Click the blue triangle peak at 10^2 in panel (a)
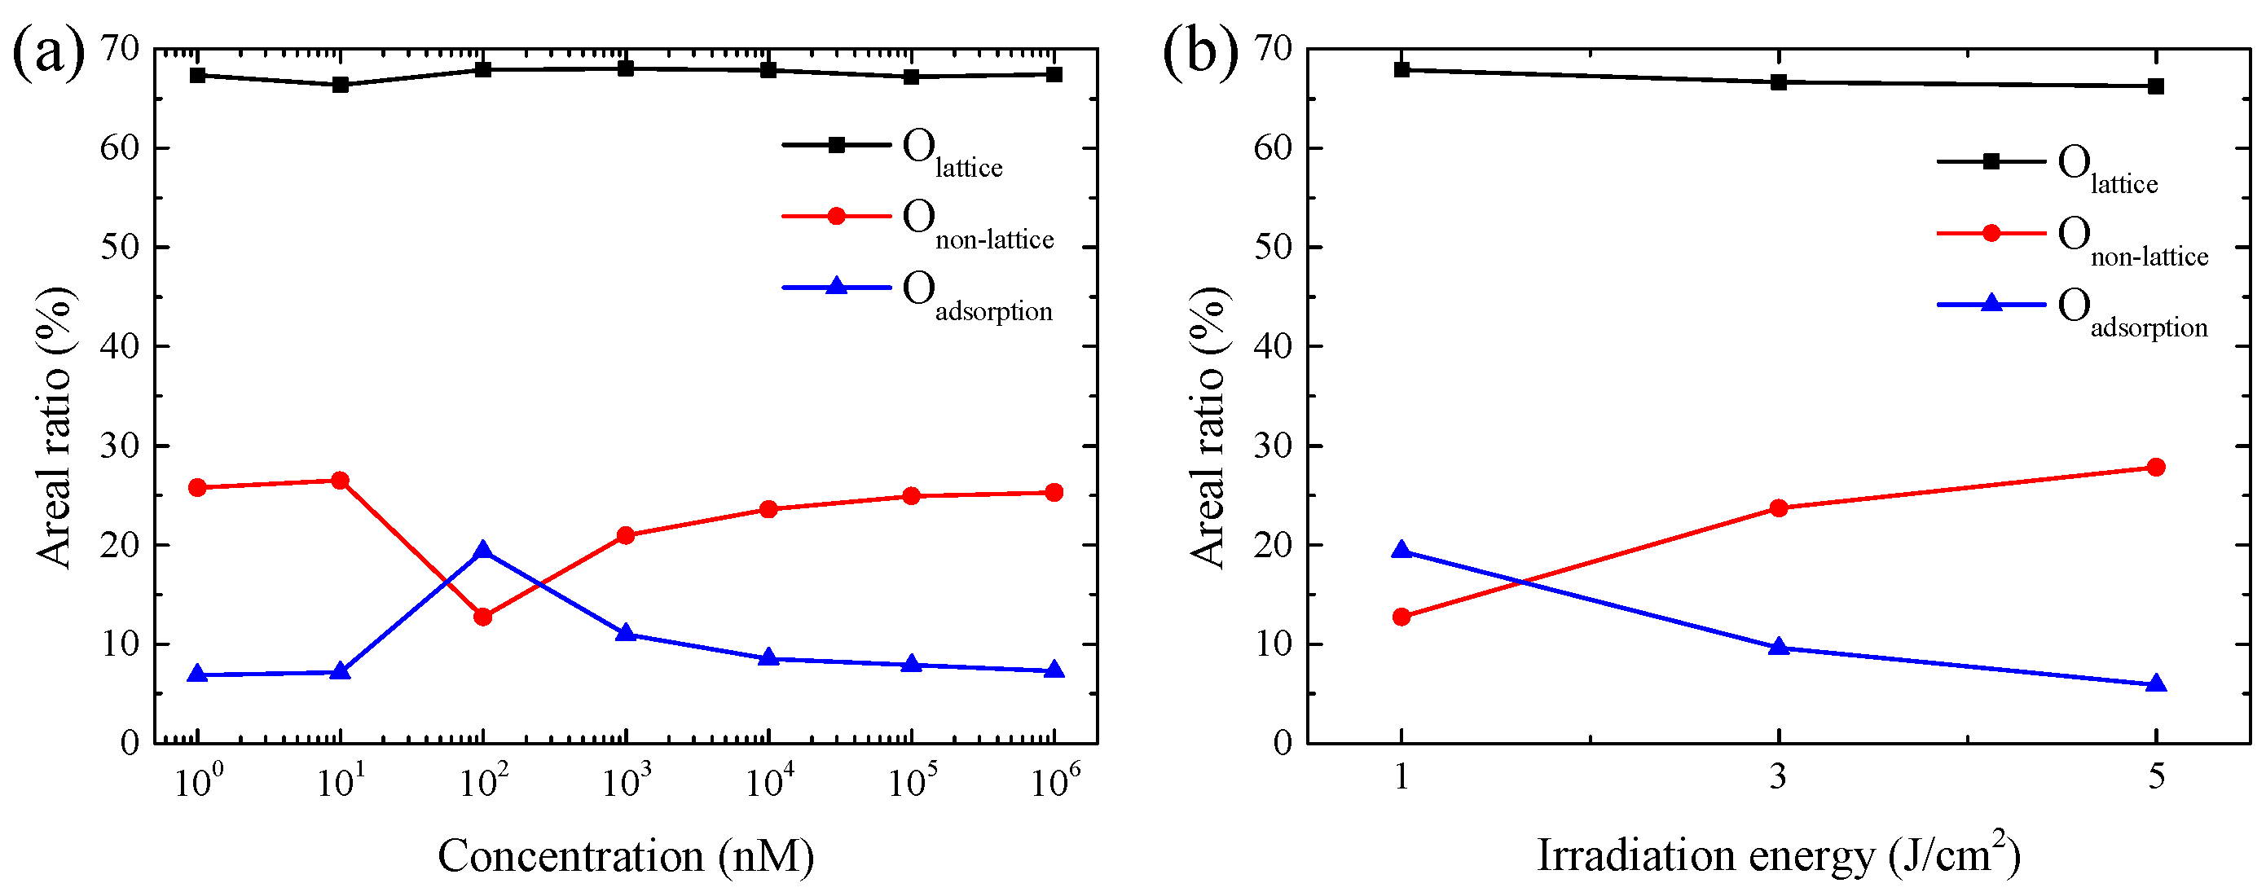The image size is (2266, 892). pyautogui.click(x=482, y=551)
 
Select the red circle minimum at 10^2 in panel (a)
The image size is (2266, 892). pyautogui.click(x=482, y=617)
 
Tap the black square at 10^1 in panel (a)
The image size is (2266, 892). pyautogui.click(x=341, y=85)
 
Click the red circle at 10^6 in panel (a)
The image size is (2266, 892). pyautogui.click(x=1053, y=493)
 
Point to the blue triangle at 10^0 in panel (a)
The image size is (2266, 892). pyautogui.click(x=197, y=674)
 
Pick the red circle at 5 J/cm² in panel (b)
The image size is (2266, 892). pyautogui.click(x=2155, y=467)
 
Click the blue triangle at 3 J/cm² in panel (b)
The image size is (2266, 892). pyautogui.click(x=1778, y=648)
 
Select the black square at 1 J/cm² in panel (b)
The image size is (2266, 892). pyautogui.click(x=1401, y=69)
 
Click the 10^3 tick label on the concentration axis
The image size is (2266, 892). pyautogui.click(x=626, y=780)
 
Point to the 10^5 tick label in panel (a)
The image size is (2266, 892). pyautogui.click(x=911, y=780)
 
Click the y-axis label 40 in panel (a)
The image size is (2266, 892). pyautogui.click(x=120, y=346)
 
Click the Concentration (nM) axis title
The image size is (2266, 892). pyautogui.click(x=626, y=856)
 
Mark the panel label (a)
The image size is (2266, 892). pyautogui.click(x=48, y=51)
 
